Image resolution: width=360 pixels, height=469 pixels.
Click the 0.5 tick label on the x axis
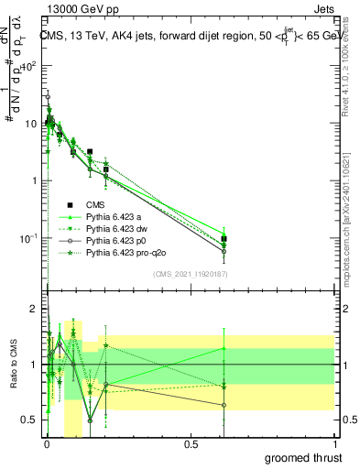(x=191, y=443)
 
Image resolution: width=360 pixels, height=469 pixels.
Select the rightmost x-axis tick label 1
(x=333, y=443)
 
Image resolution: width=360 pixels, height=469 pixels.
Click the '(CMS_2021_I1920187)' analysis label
(x=191, y=274)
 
